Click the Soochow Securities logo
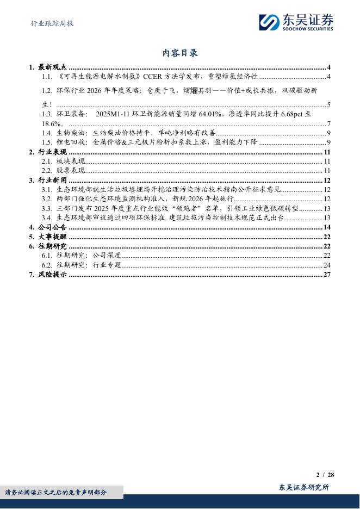click(295, 22)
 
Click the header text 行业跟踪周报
click(51, 24)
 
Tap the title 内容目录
click(180, 53)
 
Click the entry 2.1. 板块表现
click(63, 162)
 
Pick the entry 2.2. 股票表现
click(63, 171)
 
